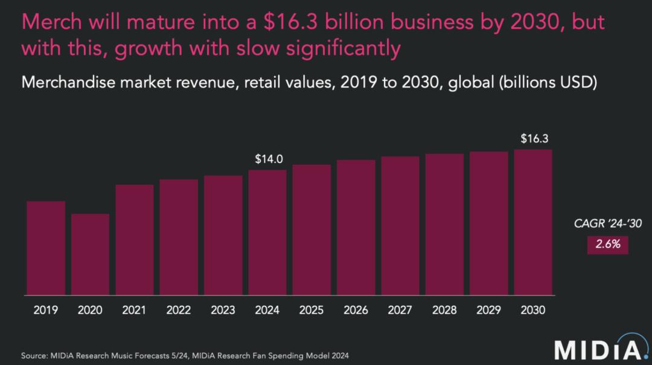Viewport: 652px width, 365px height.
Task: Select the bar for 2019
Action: (46, 248)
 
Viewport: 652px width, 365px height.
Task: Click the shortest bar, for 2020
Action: (90, 255)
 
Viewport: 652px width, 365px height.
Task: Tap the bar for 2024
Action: (267, 232)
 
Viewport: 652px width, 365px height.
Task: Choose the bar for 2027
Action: (400, 226)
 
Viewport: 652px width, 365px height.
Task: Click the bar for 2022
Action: (179, 237)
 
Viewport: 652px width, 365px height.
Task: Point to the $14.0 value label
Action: (269, 160)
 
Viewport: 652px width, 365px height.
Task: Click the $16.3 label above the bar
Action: (534, 139)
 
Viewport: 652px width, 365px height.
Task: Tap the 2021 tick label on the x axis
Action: (134, 310)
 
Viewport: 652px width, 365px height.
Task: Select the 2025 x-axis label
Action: (312, 310)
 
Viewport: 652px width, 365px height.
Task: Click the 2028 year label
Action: (444, 310)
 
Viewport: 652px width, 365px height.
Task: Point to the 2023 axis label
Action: (223, 310)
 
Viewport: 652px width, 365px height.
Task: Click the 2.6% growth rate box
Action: (608, 246)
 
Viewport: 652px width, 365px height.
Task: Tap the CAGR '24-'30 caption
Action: (607, 224)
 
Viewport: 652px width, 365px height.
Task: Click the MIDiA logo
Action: (597, 349)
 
